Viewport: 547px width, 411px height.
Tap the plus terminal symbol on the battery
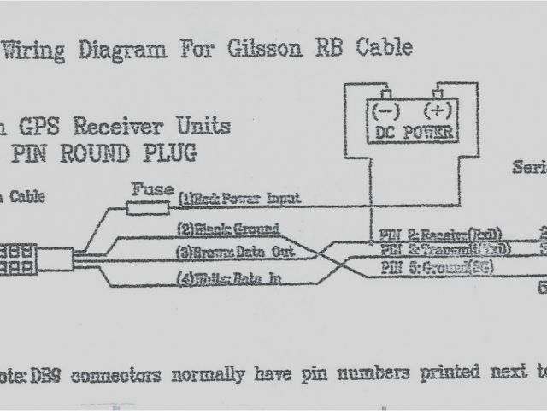click(438, 110)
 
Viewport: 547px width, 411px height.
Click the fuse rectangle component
click(151, 205)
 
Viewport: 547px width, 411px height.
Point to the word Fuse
click(151, 188)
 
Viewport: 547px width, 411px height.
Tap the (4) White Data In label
click(228, 278)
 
